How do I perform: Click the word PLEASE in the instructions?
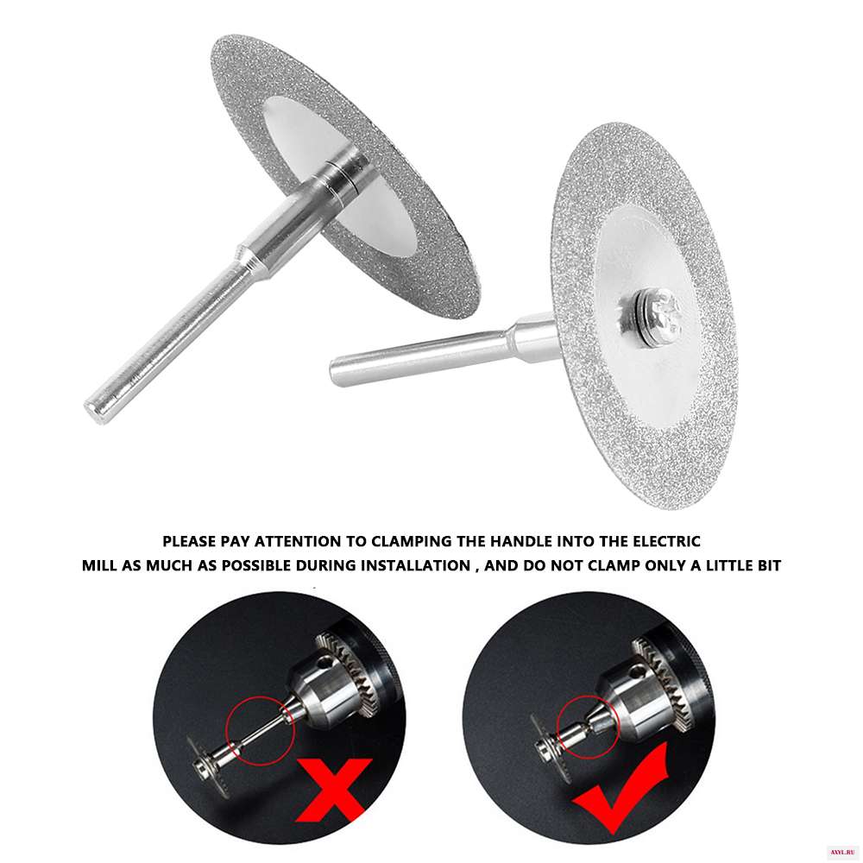click(189, 542)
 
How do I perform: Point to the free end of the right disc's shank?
click(335, 371)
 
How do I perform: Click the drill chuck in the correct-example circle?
click(644, 688)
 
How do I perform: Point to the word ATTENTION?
click(297, 542)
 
